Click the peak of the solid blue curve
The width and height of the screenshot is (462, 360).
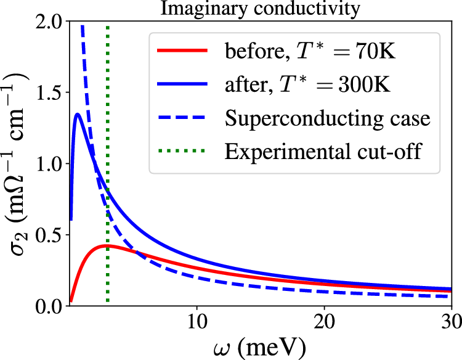[x=78, y=114]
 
